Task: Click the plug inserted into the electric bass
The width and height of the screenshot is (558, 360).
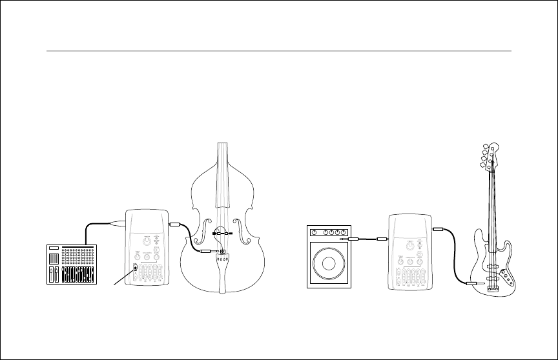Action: point(474,283)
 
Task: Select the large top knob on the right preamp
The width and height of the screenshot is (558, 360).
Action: point(411,245)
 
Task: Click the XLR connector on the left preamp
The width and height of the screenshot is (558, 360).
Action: point(120,225)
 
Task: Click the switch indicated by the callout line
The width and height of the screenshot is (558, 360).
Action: point(135,269)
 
